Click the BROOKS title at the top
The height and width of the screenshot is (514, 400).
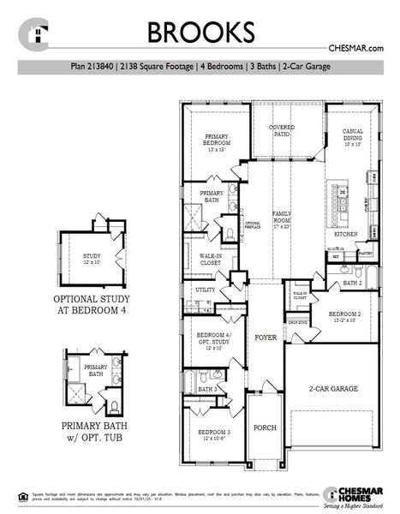click(200, 31)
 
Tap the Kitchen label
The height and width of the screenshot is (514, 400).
click(345, 233)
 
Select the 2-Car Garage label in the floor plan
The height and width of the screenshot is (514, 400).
click(332, 388)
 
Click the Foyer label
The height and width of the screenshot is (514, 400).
click(266, 338)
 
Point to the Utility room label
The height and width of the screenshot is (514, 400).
click(205, 290)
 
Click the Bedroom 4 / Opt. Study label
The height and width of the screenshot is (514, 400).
click(212, 338)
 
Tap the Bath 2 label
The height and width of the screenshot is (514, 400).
click(353, 282)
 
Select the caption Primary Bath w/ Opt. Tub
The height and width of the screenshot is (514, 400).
click(91, 427)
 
